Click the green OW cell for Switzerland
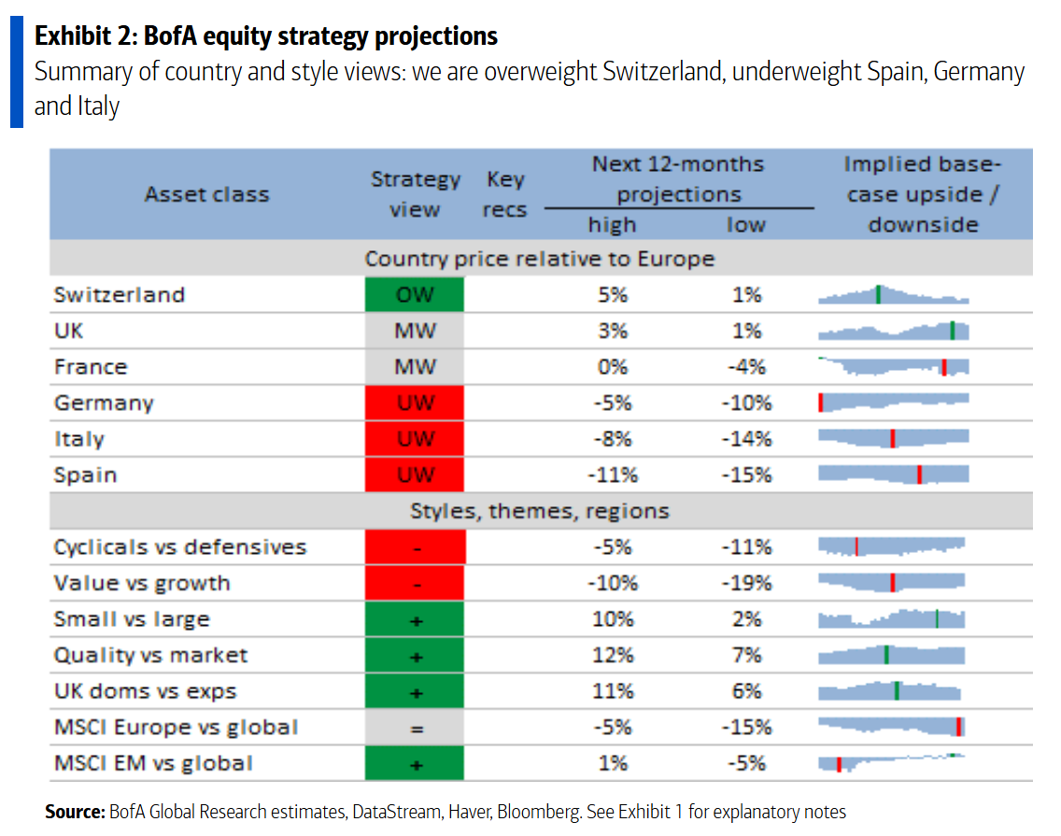pos(415,295)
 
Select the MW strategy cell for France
pos(415,367)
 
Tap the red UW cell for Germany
pos(415,404)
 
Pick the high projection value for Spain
pos(613,475)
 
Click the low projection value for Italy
pos(746,439)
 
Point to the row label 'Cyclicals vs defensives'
pos(179,547)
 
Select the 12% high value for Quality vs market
pos(613,656)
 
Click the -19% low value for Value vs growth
pos(746,584)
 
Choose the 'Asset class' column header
pos(206,194)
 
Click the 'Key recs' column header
pos(504,194)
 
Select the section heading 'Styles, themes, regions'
pos(540,511)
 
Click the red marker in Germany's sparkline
pos(820,403)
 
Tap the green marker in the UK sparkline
pos(952,330)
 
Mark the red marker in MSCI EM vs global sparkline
pos(839,764)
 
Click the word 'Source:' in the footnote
pos(75,812)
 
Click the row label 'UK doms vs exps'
pos(145,692)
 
